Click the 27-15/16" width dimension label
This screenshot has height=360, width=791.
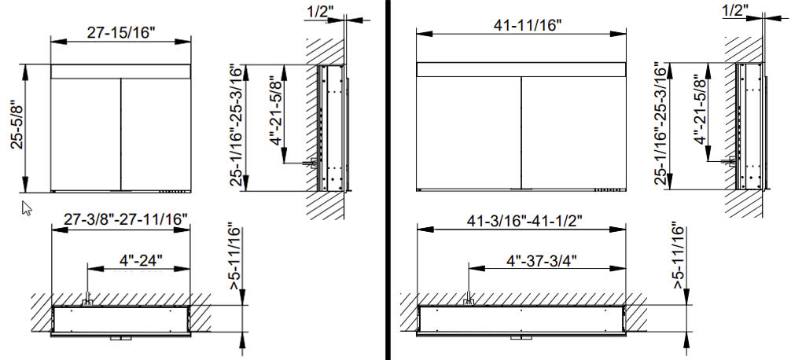(120, 33)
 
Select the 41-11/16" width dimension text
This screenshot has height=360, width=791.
(521, 26)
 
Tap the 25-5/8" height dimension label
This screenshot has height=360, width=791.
(17, 129)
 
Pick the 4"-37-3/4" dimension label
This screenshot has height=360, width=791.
(541, 261)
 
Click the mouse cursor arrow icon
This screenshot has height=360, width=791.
(26, 208)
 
